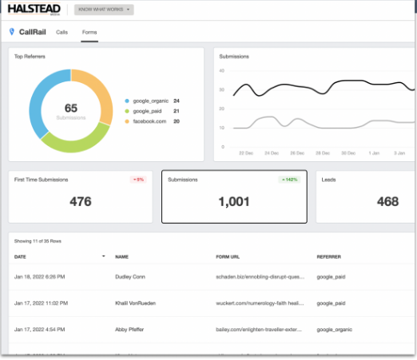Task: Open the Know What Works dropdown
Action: [104, 10]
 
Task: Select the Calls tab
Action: [62, 32]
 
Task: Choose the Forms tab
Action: [89, 32]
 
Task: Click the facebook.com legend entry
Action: [150, 121]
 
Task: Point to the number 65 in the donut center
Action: [70, 107]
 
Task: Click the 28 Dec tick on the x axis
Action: [297, 152]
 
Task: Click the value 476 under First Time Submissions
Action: [80, 202]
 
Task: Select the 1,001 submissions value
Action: [234, 202]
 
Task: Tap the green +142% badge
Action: [288, 180]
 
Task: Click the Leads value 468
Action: [387, 202]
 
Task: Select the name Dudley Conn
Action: [131, 275]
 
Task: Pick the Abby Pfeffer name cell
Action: [130, 328]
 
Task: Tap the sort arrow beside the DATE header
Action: [103, 256]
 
